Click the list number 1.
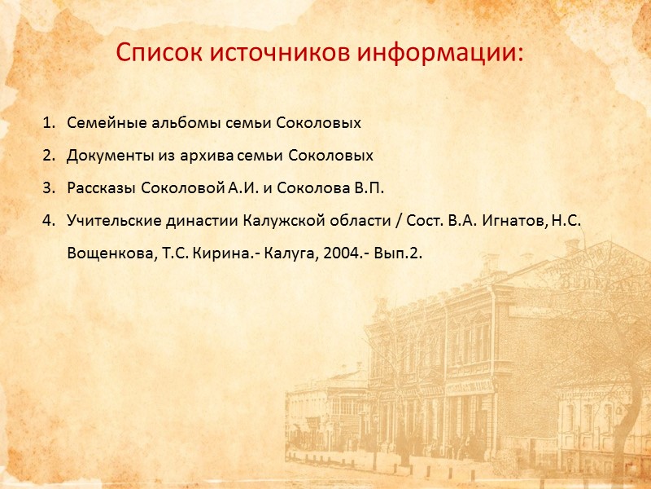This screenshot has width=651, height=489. (x=48, y=124)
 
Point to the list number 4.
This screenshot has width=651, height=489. (x=48, y=220)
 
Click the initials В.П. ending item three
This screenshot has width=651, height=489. (x=367, y=188)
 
